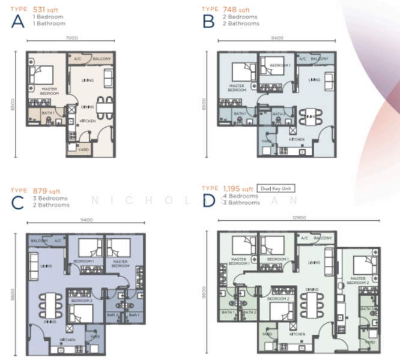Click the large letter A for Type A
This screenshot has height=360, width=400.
point(19,22)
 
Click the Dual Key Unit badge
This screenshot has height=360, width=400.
point(276,188)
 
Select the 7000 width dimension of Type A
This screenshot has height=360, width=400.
point(71,38)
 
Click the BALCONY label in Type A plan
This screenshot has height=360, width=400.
point(101,59)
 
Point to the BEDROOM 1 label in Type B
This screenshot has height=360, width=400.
point(280,65)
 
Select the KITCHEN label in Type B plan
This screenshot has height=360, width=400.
point(297,139)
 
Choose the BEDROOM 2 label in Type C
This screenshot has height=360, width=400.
point(81,300)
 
